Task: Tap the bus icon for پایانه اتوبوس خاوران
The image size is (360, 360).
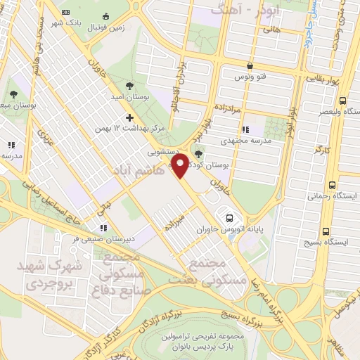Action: click(x=230, y=217)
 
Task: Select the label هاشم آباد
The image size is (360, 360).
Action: click(x=142, y=170)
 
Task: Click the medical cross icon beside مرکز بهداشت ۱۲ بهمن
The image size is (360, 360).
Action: click(x=129, y=117)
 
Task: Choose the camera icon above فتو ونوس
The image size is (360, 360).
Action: click(x=240, y=68)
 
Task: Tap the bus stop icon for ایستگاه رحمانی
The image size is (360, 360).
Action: click(x=332, y=186)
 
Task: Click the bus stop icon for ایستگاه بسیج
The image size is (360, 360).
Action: click(x=325, y=231)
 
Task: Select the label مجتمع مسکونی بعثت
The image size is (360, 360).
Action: click(x=210, y=271)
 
